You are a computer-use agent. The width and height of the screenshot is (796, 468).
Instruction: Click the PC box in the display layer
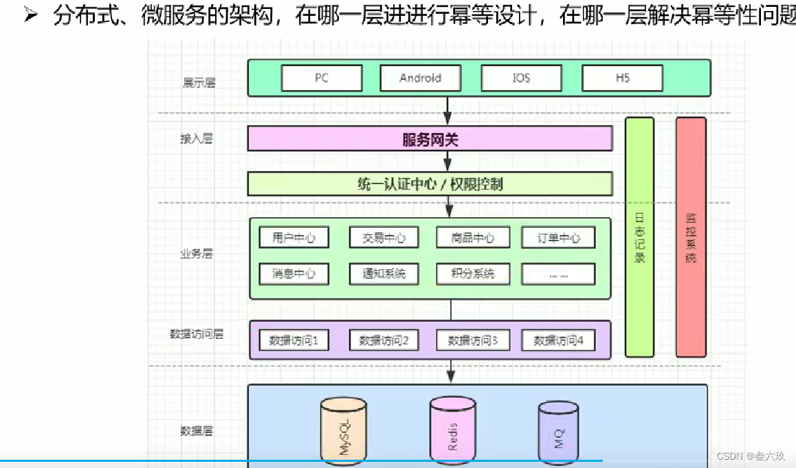click(x=322, y=78)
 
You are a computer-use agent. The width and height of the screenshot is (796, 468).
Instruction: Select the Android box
click(x=420, y=78)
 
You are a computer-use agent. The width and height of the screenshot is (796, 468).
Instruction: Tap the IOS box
click(x=522, y=78)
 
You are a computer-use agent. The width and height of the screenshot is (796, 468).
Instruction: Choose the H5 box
click(x=622, y=78)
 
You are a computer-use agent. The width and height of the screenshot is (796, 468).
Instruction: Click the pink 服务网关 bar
click(x=430, y=140)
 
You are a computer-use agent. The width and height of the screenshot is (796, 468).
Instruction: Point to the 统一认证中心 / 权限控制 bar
click(x=430, y=184)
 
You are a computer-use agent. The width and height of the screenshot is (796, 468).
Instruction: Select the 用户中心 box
click(x=294, y=238)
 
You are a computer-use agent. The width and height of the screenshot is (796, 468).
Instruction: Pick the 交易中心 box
click(x=384, y=238)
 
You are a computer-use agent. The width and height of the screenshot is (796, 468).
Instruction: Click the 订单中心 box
click(x=558, y=238)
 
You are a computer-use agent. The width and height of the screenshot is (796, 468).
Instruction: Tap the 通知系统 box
click(x=384, y=274)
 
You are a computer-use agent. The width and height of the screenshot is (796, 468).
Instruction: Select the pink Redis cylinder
click(x=452, y=432)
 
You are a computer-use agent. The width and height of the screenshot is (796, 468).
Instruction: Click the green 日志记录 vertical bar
click(x=639, y=237)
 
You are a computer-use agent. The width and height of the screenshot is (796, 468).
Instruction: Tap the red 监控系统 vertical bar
click(x=691, y=237)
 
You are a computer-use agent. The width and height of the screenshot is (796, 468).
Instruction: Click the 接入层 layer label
click(x=197, y=139)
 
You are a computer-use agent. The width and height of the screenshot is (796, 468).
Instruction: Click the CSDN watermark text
click(x=751, y=456)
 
